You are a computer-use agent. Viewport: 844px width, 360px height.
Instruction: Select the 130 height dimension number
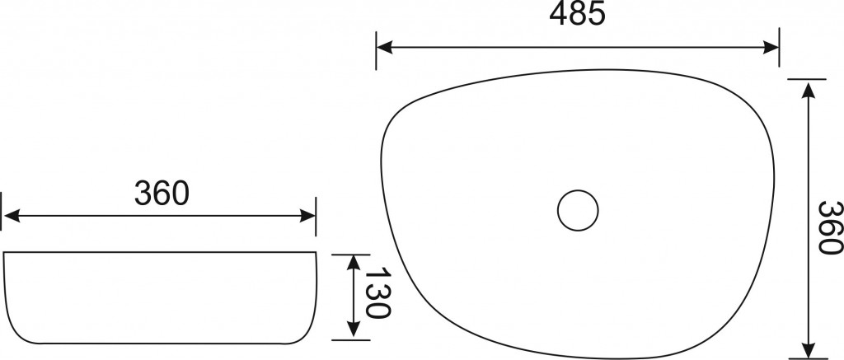point(377,294)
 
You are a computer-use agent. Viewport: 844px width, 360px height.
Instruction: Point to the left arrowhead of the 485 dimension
point(384,49)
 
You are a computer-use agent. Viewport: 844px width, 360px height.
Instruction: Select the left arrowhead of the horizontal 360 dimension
point(11,217)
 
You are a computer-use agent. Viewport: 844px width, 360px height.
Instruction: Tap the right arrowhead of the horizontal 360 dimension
point(307,217)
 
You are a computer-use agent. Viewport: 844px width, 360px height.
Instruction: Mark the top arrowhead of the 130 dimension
point(354,262)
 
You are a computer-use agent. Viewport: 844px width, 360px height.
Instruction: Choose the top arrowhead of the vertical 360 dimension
point(809,88)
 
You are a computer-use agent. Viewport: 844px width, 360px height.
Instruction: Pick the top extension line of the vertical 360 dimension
point(806,79)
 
